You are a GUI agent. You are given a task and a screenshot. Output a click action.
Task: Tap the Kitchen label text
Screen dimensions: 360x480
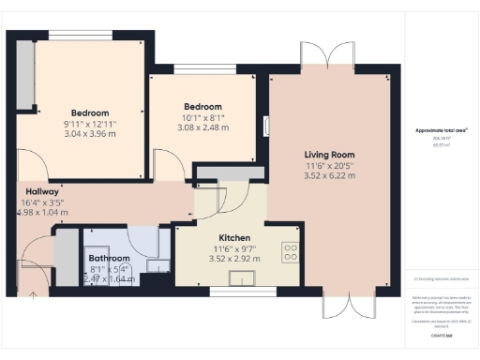235,238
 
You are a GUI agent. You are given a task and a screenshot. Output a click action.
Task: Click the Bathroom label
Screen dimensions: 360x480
109,258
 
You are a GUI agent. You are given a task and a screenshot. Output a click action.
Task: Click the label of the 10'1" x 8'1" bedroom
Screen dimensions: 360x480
202,107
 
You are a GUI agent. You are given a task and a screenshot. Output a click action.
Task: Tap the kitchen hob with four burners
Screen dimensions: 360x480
290,251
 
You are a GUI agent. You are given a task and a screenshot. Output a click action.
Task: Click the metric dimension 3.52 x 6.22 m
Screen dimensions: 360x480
328,175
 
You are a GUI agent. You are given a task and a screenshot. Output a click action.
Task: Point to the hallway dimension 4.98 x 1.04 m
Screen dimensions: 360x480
43,212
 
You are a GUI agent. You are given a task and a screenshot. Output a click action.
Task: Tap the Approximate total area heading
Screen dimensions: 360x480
442,129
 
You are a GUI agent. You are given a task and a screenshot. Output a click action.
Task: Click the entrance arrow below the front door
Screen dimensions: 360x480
35,293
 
